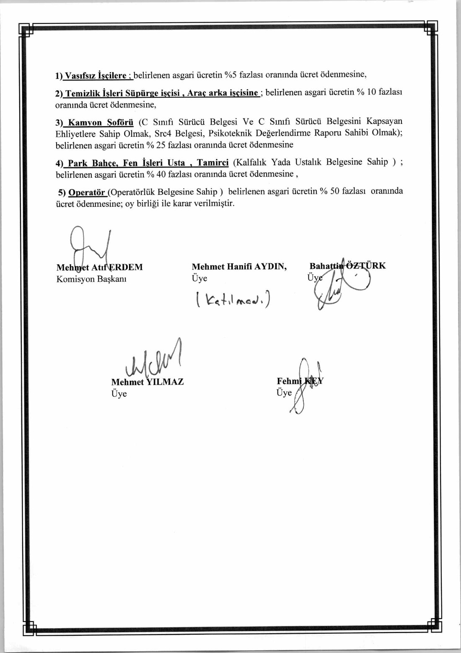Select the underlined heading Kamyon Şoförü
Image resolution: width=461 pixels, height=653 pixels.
(101, 122)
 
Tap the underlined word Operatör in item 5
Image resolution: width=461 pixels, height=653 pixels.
(87, 193)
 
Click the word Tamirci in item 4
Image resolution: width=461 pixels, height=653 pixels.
(213, 163)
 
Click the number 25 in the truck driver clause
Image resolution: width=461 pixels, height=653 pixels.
(161, 145)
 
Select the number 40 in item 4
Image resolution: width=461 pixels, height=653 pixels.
(161, 174)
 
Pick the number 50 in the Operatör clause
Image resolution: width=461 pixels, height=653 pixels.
(334, 191)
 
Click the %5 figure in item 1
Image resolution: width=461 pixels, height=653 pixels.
(230, 75)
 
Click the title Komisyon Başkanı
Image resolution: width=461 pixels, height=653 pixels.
(91, 279)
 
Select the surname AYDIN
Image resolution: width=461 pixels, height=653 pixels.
(270, 266)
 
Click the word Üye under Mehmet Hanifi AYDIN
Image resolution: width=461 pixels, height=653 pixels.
(199, 278)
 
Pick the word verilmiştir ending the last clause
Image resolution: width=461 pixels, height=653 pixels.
(214, 203)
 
